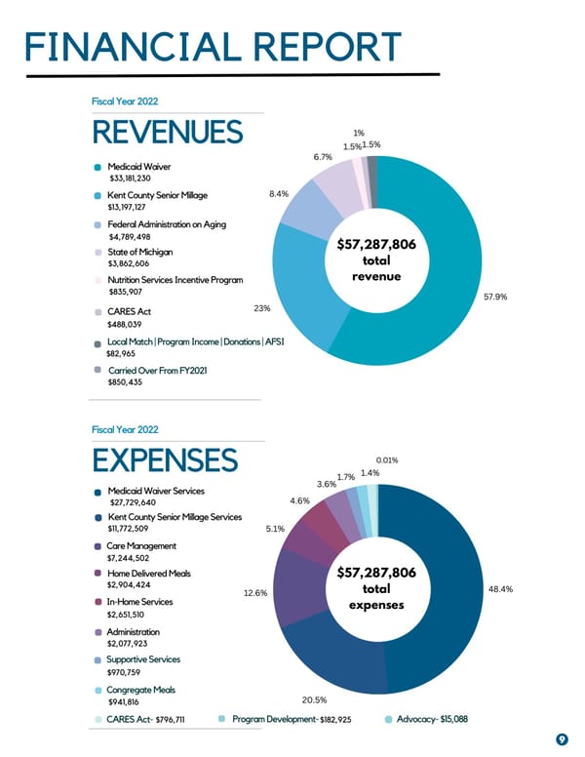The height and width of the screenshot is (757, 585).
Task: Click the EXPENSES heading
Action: click(164, 460)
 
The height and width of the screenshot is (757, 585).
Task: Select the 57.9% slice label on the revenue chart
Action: click(497, 298)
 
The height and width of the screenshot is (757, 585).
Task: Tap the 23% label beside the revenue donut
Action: click(261, 308)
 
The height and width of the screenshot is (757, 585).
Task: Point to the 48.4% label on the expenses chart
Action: click(497, 589)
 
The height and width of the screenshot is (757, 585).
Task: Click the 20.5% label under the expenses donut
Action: click(314, 699)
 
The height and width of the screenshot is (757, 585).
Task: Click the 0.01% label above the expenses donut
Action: click(386, 459)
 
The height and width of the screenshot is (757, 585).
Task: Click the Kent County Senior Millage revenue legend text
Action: click(158, 196)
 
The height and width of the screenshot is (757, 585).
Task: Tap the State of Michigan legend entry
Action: click(142, 252)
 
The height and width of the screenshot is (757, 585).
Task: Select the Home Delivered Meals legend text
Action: click(149, 574)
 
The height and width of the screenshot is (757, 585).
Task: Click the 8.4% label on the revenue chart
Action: click(277, 194)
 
